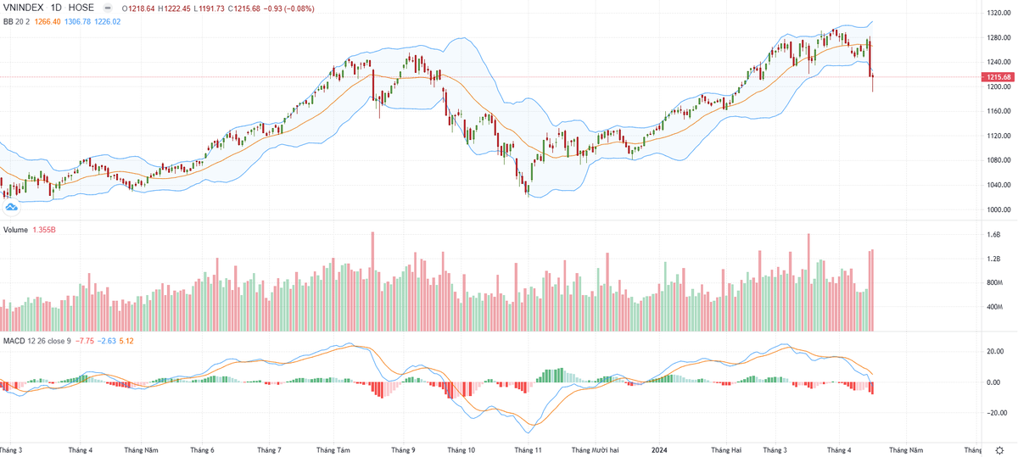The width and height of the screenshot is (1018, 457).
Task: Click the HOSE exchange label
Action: [81, 8]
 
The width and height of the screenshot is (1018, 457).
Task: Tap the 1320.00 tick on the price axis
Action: [998, 14]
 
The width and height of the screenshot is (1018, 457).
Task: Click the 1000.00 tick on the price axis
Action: [998, 209]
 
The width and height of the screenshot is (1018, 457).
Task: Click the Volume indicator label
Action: [16, 230]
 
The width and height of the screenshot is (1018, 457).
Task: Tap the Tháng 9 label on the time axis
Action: [402, 449]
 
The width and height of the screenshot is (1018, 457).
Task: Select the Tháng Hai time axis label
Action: [726, 449]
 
